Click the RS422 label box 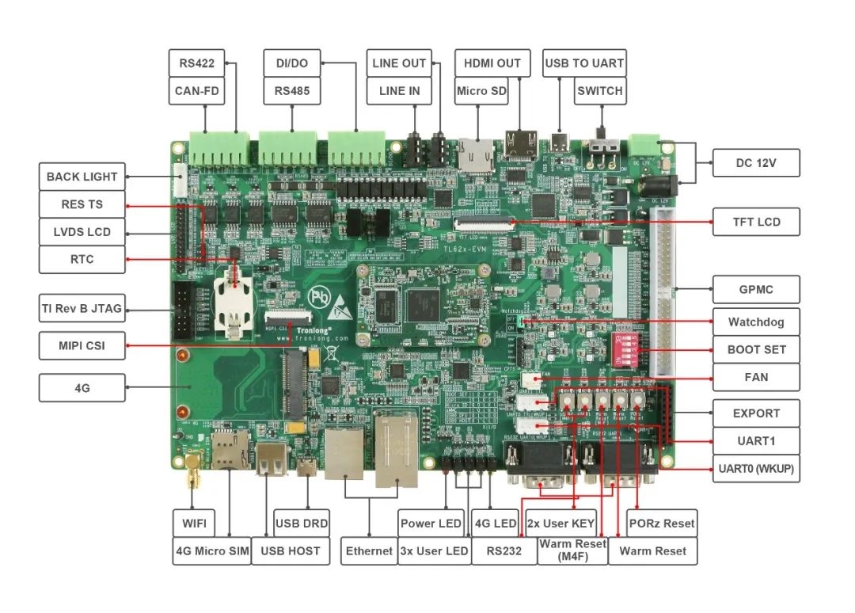pos(197,63)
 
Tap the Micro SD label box pos(482,91)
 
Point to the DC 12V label pos(756,163)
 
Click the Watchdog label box pos(756,322)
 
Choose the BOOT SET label pos(756,349)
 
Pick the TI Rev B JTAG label pos(82,308)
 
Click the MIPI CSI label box pos(82,345)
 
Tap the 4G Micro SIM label pos(211,550)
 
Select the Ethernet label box pos(369,550)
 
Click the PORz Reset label pos(662,524)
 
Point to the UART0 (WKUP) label pos(756,469)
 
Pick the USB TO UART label pos(584,63)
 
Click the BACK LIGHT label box pos(82,177)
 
